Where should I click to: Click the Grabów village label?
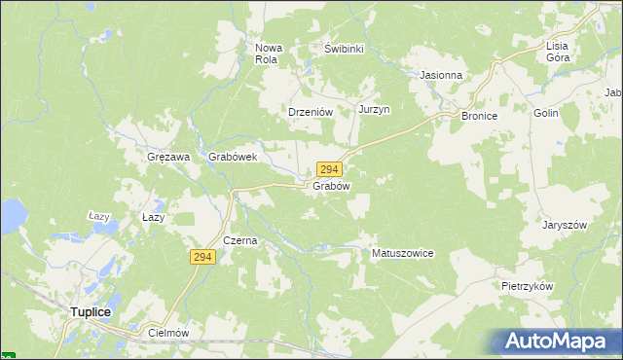pos(331,185)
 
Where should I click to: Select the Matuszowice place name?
pos(402,253)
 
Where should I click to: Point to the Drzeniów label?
pos(311,112)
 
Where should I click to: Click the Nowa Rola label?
pos(267,54)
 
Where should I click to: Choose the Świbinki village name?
pos(344,48)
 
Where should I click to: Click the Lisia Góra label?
pos(558,52)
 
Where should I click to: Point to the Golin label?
pos(545,114)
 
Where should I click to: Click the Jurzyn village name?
pos(374,110)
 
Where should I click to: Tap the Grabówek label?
pos(232,156)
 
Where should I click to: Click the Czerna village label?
pos(239,240)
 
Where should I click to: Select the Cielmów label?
pos(166,332)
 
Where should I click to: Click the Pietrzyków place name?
pos(528,287)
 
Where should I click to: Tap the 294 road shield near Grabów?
pos(328,169)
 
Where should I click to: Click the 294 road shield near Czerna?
pos(202,256)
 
